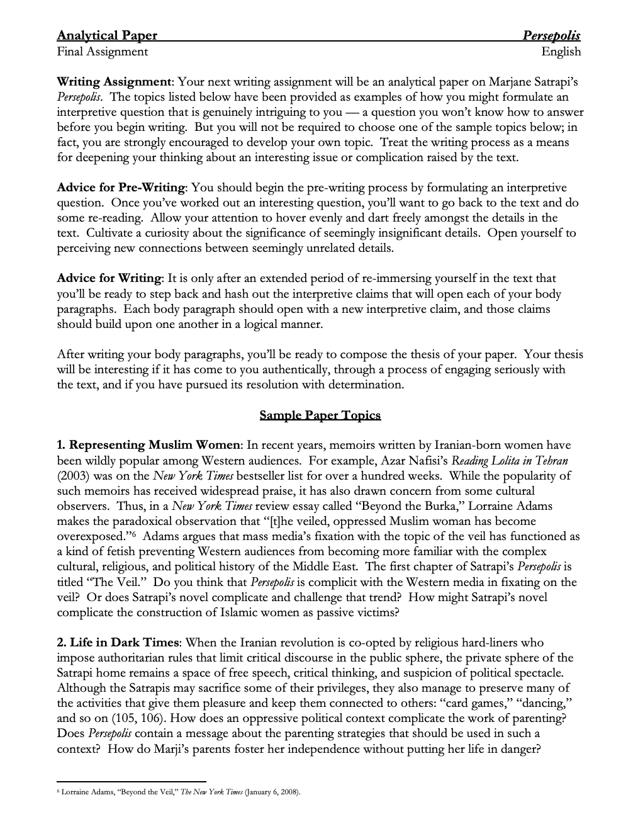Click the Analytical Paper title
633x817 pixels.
tap(107, 36)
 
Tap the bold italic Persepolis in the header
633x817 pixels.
tap(551, 36)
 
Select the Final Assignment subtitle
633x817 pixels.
tap(103, 52)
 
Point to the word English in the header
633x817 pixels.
tap(561, 52)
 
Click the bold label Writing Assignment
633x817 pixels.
tap(114, 82)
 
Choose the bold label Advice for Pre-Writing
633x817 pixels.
tap(121, 188)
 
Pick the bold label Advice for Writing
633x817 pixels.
tap(109, 278)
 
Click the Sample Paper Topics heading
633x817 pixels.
tap(320, 415)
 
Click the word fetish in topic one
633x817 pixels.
tap(120, 551)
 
